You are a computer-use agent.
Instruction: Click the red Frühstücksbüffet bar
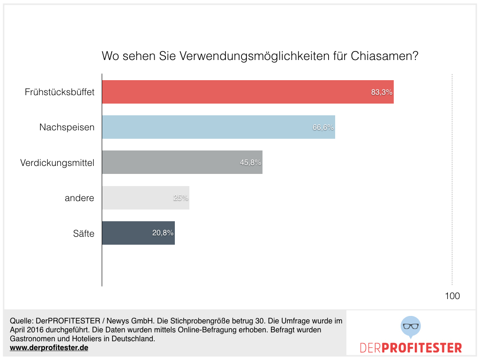(247, 92)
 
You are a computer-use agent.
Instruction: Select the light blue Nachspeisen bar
(218, 127)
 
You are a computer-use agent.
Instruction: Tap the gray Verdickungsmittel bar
(182, 162)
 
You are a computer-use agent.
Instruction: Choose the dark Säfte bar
(138, 233)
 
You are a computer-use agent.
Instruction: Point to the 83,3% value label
(382, 92)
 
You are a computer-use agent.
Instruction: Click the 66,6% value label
(323, 127)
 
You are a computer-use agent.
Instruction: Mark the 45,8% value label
(251, 163)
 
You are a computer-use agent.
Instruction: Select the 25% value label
(181, 198)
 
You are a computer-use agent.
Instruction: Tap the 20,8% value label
(163, 233)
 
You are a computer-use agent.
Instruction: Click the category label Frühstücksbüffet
(60, 92)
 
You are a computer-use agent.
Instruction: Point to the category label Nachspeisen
(67, 127)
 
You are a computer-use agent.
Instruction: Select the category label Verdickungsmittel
(57, 163)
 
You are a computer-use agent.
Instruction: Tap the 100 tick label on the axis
(452, 296)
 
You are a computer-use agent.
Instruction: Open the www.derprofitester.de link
(49, 348)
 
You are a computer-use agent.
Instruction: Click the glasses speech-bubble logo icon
(411, 327)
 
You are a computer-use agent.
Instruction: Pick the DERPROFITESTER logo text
(411, 348)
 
